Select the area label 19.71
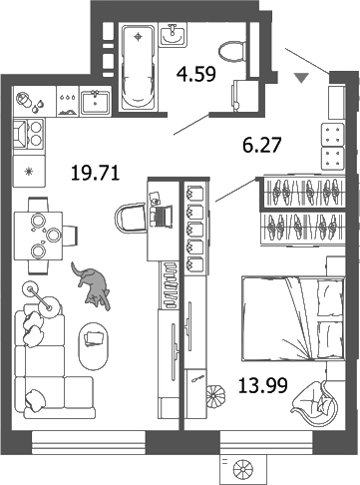(96, 173)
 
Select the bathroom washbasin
(173, 37)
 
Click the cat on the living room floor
(93, 284)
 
